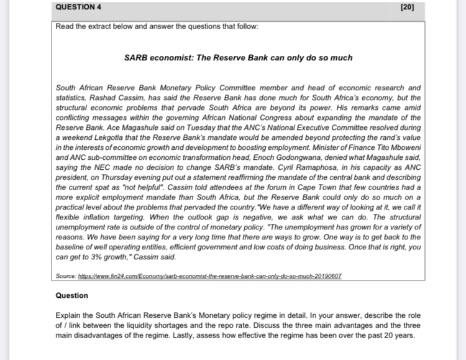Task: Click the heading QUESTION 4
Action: (78, 7)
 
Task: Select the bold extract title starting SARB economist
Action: (238, 58)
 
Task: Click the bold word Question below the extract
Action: (72, 295)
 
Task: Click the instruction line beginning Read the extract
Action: (156, 27)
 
